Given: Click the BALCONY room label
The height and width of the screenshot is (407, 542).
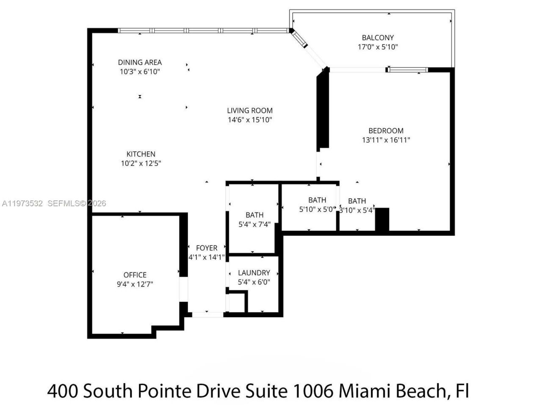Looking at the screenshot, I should point(378,38).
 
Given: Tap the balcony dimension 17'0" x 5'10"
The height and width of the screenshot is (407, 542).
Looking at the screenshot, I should point(378,47).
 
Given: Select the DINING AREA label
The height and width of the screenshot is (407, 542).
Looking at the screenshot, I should point(140,62).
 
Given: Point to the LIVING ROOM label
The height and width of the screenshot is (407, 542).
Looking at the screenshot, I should point(250,111).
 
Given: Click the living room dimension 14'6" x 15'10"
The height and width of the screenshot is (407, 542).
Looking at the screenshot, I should point(250,120).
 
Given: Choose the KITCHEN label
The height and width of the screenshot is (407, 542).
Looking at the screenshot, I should point(141,154).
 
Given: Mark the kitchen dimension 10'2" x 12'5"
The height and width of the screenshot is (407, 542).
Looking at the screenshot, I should point(141,164).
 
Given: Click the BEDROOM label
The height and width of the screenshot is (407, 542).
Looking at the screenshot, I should point(386,131).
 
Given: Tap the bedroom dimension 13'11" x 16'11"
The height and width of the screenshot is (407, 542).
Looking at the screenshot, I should point(386,140).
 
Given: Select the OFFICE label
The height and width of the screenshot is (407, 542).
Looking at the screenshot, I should point(135,275).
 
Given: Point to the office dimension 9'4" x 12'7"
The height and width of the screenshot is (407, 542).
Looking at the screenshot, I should point(135,284).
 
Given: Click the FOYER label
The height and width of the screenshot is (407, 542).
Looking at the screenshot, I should point(207,248).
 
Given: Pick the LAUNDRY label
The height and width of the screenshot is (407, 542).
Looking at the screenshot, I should point(254,273).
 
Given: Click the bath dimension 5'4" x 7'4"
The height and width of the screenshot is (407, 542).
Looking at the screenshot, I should point(254,225).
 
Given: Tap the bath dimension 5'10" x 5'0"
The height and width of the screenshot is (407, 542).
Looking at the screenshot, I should point(317,209).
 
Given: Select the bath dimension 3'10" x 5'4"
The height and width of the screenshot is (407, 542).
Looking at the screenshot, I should point(357,210).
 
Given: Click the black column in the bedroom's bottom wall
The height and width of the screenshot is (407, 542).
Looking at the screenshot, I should point(382,220).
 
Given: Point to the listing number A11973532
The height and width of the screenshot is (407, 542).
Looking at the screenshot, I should point(22,203).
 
